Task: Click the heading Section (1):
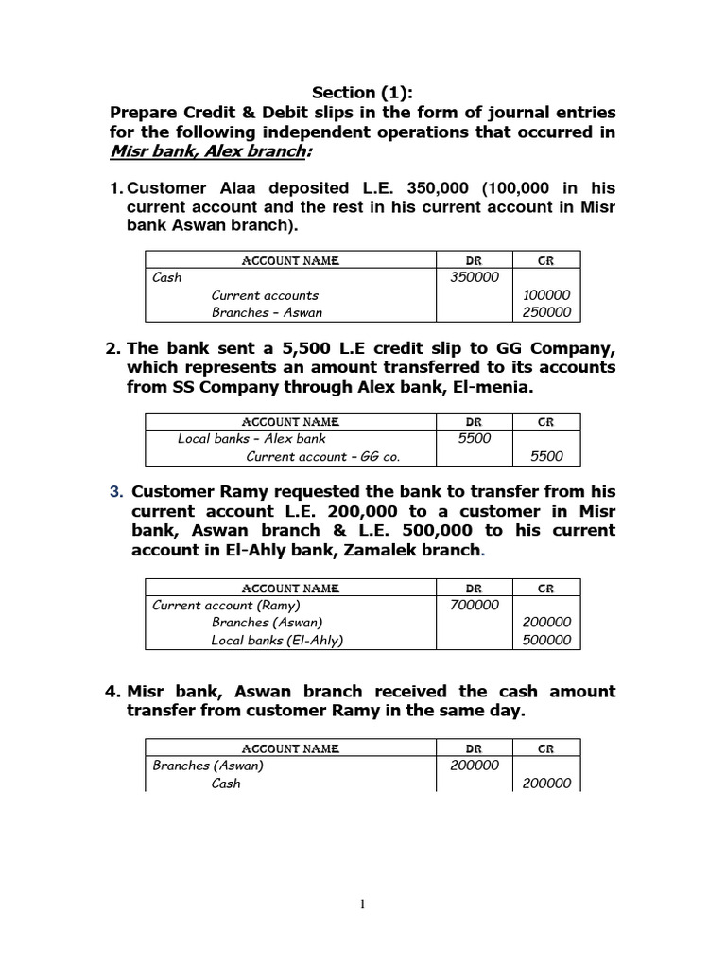point(364,93)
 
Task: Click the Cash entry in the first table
point(167,277)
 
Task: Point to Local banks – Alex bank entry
point(251,438)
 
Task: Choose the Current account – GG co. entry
point(323,456)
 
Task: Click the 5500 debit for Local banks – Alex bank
point(474,438)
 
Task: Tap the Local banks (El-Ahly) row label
point(277,640)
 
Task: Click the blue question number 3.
point(116,492)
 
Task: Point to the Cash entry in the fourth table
point(226,784)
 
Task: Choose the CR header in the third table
point(545,588)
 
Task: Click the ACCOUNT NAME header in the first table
point(290,260)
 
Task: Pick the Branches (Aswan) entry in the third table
point(268,622)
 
